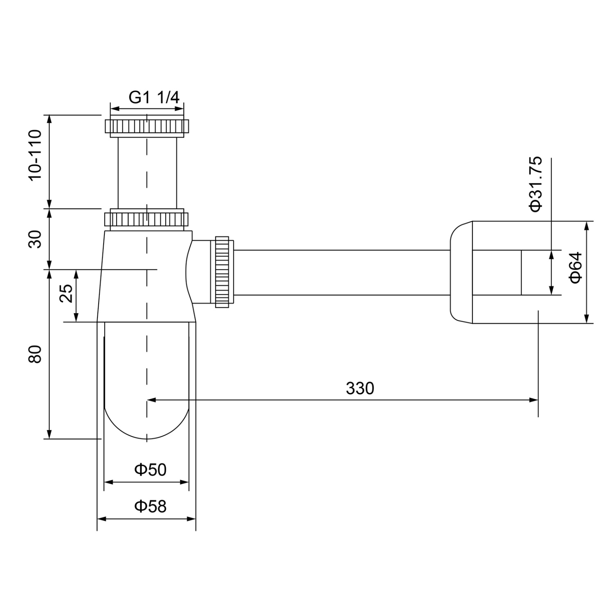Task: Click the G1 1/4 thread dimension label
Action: click(x=154, y=97)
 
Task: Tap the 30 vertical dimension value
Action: click(x=35, y=239)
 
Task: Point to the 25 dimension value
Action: click(x=66, y=293)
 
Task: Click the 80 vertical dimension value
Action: click(x=35, y=354)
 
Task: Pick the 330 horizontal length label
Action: click(x=360, y=388)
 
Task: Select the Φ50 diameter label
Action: click(x=150, y=470)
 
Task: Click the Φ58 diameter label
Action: click(x=150, y=506)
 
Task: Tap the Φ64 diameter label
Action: click(x=575, y=267)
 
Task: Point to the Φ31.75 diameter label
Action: click(x=535, y=184)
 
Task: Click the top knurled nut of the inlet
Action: click(x=147, y=126)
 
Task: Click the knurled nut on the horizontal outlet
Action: click(x=221, y=271)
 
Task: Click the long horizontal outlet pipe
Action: click(x=340, y=272)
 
